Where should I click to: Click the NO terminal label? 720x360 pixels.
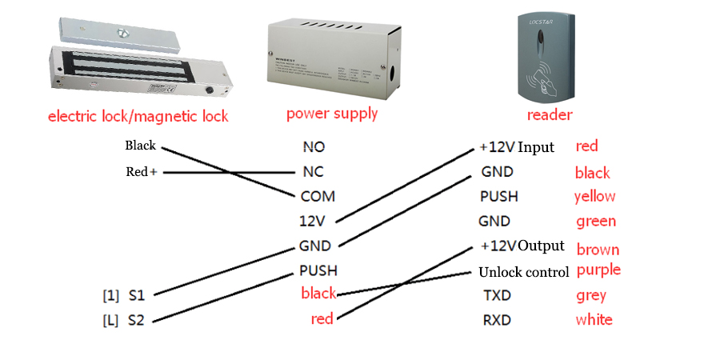(x=314, y=147)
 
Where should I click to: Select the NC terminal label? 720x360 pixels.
(x=314, y=172)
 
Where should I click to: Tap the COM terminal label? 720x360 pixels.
(x=318, y=196)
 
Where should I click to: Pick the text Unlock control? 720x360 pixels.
(x=524, y=272)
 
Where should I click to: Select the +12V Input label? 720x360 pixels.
(x=517, y=147)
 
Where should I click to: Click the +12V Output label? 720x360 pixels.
(x=523, y=246)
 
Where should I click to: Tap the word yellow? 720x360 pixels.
(x=594, y=197)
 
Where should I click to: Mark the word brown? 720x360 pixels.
(x=598, y=250)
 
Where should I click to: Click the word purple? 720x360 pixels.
(x=598, y=270)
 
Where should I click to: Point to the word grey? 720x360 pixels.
(x=590, y=295)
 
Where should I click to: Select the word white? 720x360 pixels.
(x=594, y=320)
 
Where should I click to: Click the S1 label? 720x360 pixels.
(x=136, y=296)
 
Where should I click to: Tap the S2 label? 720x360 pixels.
(x=136, y=321)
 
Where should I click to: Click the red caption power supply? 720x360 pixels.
(x=332, y=114)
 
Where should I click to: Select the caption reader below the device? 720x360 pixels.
(x=549, y=115)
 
